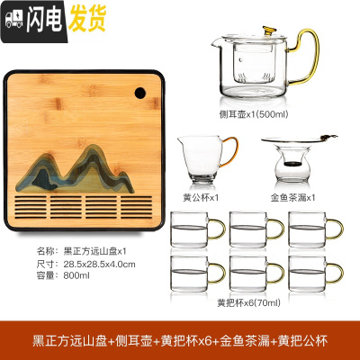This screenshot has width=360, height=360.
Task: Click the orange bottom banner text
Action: tap(179, 341)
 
